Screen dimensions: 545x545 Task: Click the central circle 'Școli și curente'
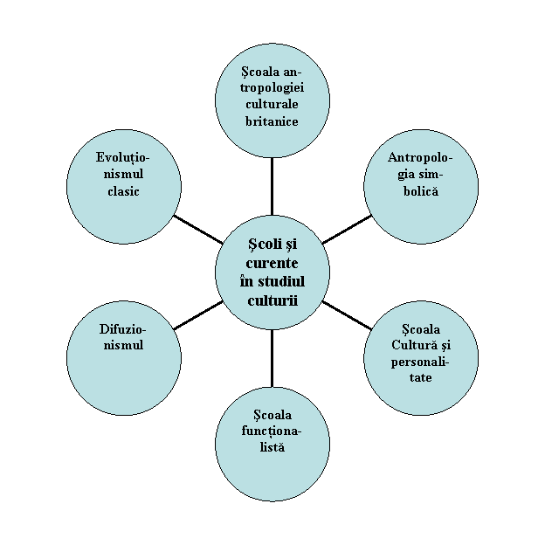[x=272, y=272]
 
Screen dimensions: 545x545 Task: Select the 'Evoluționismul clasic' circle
[x=124, y=186]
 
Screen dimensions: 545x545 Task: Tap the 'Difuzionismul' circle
[x=124, y=358]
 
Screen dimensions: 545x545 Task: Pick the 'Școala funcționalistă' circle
[x=272, y=445]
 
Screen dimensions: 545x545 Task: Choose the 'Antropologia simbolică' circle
[x=421, y=186]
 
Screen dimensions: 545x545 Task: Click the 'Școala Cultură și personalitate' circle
[x=421, y=358]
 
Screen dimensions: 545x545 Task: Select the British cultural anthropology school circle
[x=272, y=100]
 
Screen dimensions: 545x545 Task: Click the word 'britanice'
[x=272, y=121]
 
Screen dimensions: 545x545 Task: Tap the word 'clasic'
[x=123, y=190]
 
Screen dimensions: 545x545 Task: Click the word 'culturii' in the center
[x=272, y=300]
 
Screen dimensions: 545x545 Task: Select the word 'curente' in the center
[x=272, y=263]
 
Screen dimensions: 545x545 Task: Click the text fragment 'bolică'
[x=421, y=190]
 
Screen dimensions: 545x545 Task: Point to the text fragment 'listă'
[x=272, y=447]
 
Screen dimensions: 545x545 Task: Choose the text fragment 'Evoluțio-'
[x=123, y=157]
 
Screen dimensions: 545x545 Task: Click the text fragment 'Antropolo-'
[x=420, y=157]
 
